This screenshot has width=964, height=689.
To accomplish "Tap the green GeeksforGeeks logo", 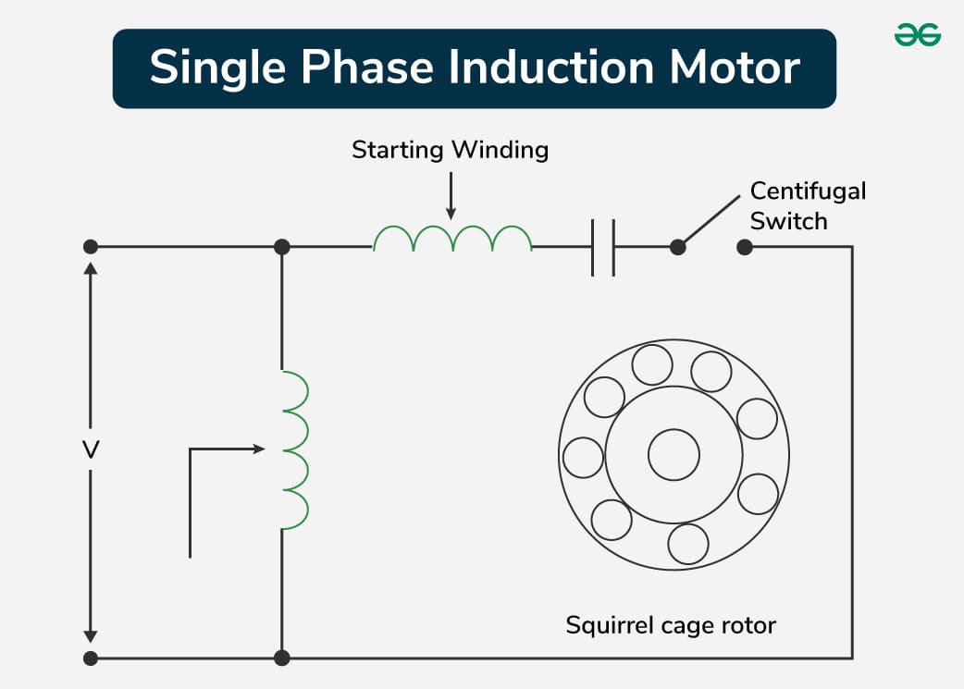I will point(918,36).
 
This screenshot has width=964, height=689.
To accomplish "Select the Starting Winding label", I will point(450,150).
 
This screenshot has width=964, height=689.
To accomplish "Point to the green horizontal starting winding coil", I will point(452,240).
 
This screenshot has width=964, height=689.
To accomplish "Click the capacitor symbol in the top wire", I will point(603,248).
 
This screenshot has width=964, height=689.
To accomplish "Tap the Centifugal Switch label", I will point(807,205).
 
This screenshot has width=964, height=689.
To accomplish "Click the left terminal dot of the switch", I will point(678,248).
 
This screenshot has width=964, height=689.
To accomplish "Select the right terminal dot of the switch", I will point(745,248).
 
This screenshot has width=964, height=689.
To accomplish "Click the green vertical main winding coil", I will point(295,451).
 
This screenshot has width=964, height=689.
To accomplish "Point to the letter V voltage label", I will point(91,450).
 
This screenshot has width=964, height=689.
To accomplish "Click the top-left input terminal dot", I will point(91,247).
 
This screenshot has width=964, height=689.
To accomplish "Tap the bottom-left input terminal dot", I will point(91,658).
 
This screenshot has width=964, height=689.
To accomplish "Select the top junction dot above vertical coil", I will point(282,247).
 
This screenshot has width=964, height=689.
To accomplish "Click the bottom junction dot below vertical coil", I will point(282,658).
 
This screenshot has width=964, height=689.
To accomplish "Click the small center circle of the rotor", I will point(674,455).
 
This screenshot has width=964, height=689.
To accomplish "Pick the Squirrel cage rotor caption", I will point(671,625).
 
